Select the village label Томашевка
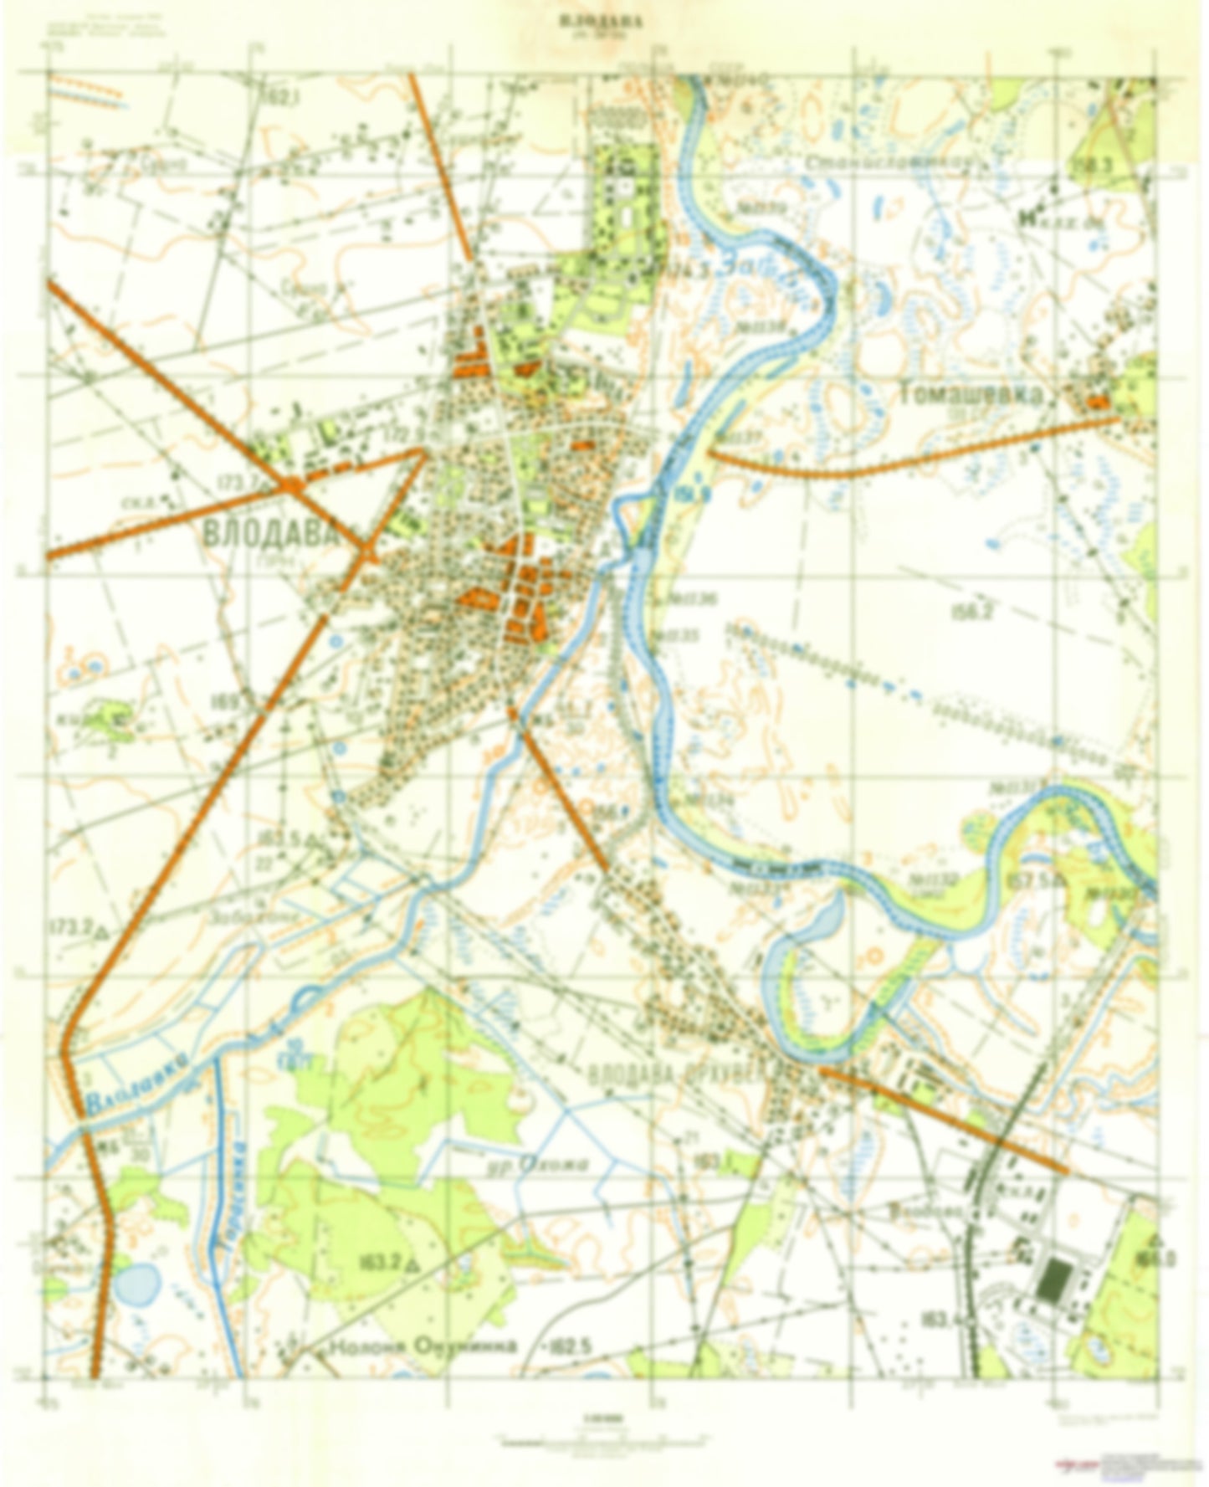(x=972, y=395)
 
